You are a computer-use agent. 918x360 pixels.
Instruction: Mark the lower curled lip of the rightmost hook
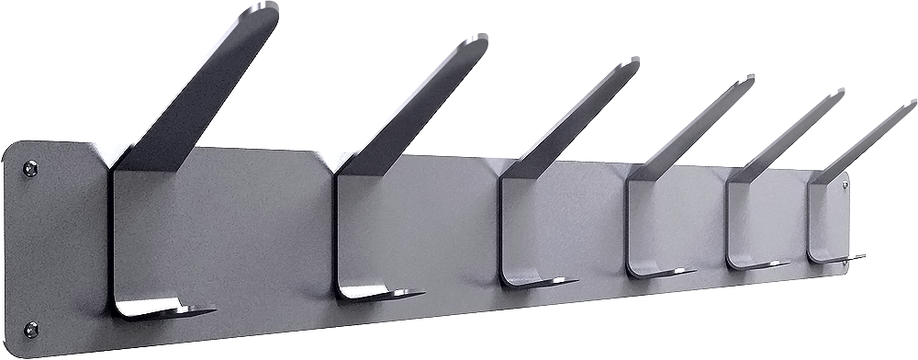point(832,258)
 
